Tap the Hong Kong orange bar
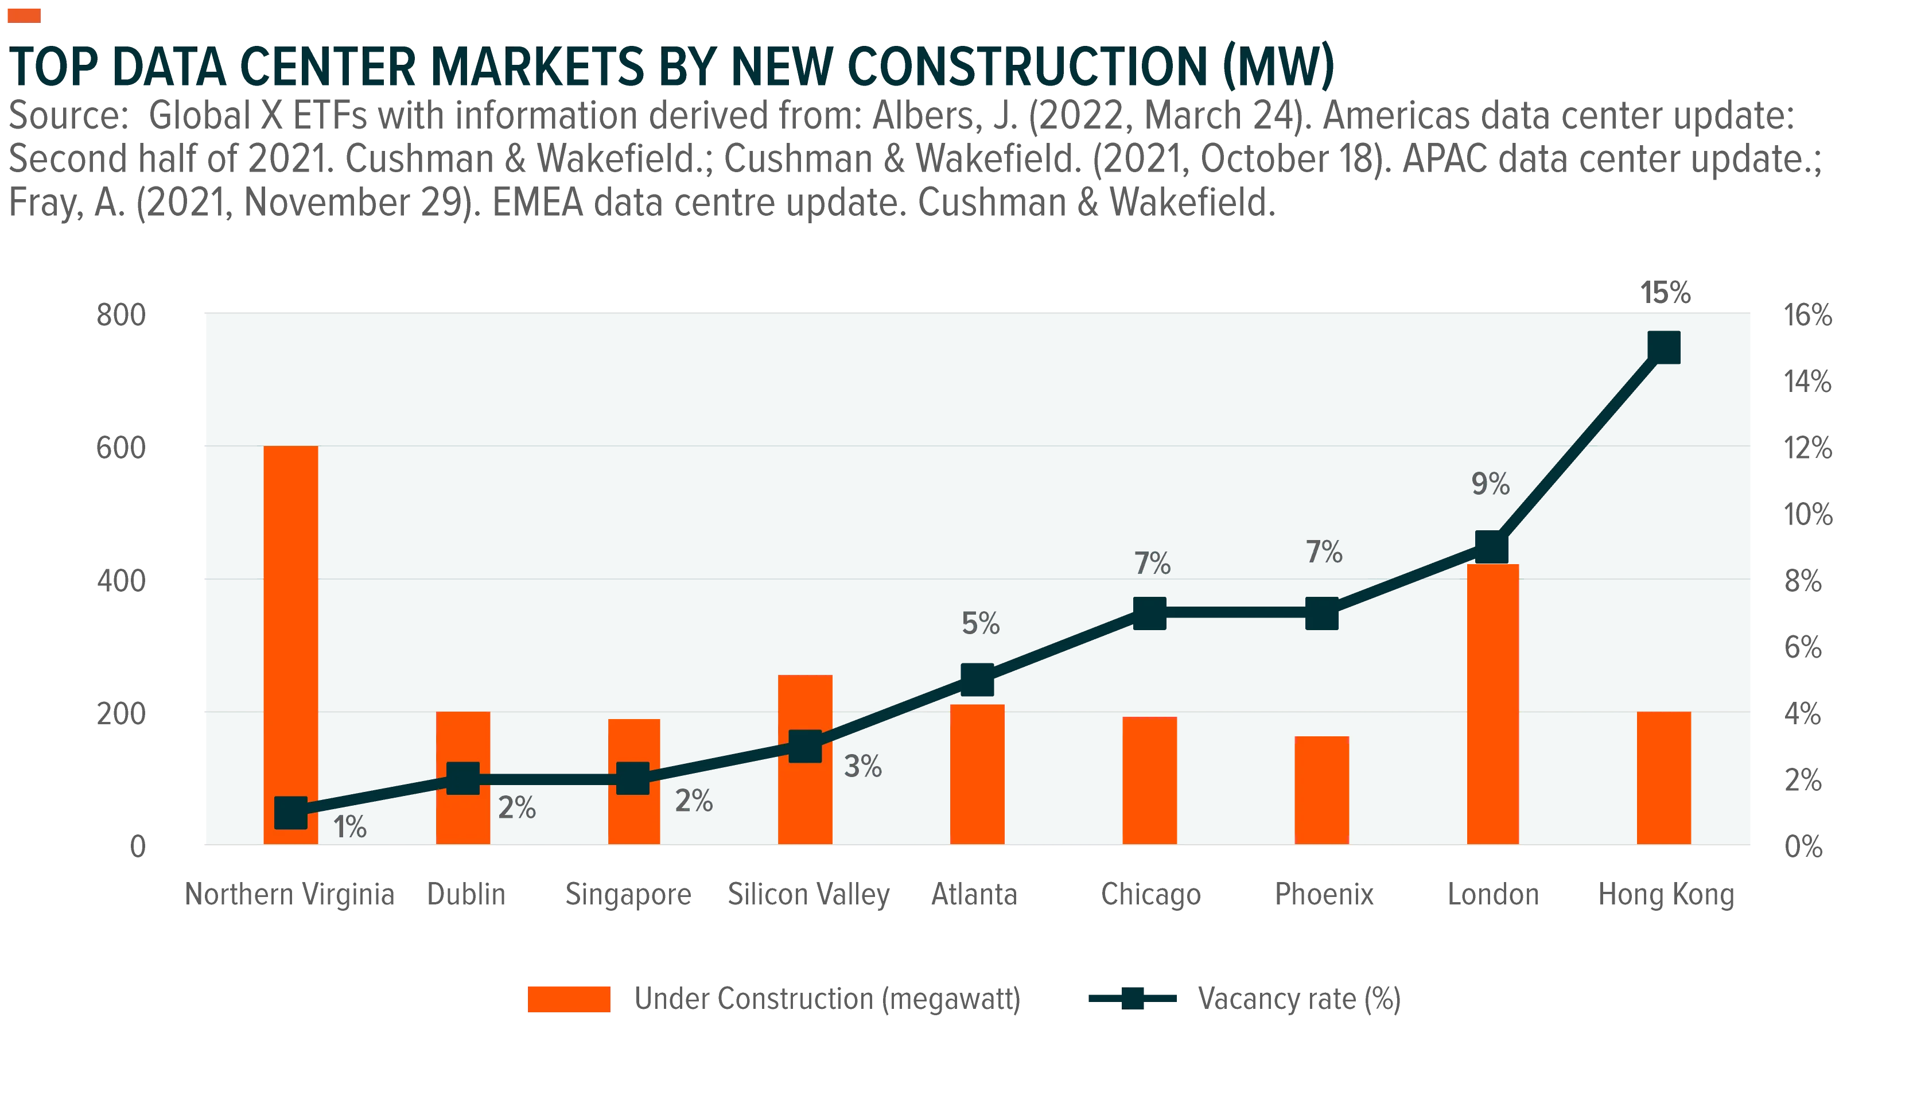[1664, 778]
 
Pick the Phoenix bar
[1321, 790]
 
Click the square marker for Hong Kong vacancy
[1664, 348]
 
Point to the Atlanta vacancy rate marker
[977, 679]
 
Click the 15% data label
[1665, 293]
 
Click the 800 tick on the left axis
[121, 314]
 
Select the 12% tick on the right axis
[1808, 447]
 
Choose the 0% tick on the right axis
[1803, 846]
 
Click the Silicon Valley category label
[809, 895]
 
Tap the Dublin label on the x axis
[466, 894]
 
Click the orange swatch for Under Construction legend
[569, 999]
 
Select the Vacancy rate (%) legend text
[1299, 999]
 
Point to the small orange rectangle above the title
[24, 16]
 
